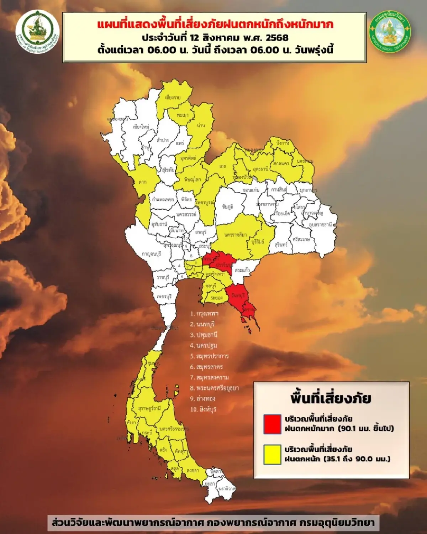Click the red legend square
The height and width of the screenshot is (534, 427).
coord(272,424)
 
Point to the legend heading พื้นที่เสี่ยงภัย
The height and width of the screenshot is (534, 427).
coord(331,398)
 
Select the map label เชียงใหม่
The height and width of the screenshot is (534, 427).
coord(141,127)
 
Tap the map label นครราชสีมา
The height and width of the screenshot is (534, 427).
coord(236,235)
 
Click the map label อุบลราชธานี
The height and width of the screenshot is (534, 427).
coord(320,225)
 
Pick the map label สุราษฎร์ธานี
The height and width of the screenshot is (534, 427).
coord(149,408)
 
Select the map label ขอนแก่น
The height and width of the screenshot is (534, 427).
coord(251,190)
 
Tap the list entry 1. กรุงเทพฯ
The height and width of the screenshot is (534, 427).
coord(205,314)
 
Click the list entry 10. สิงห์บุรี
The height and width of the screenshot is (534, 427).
coord(203,409)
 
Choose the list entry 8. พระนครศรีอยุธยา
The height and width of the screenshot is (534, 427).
coord(214,388)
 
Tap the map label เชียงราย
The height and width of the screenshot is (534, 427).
coord(173,98)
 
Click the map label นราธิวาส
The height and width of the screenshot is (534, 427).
coord(227,489)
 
